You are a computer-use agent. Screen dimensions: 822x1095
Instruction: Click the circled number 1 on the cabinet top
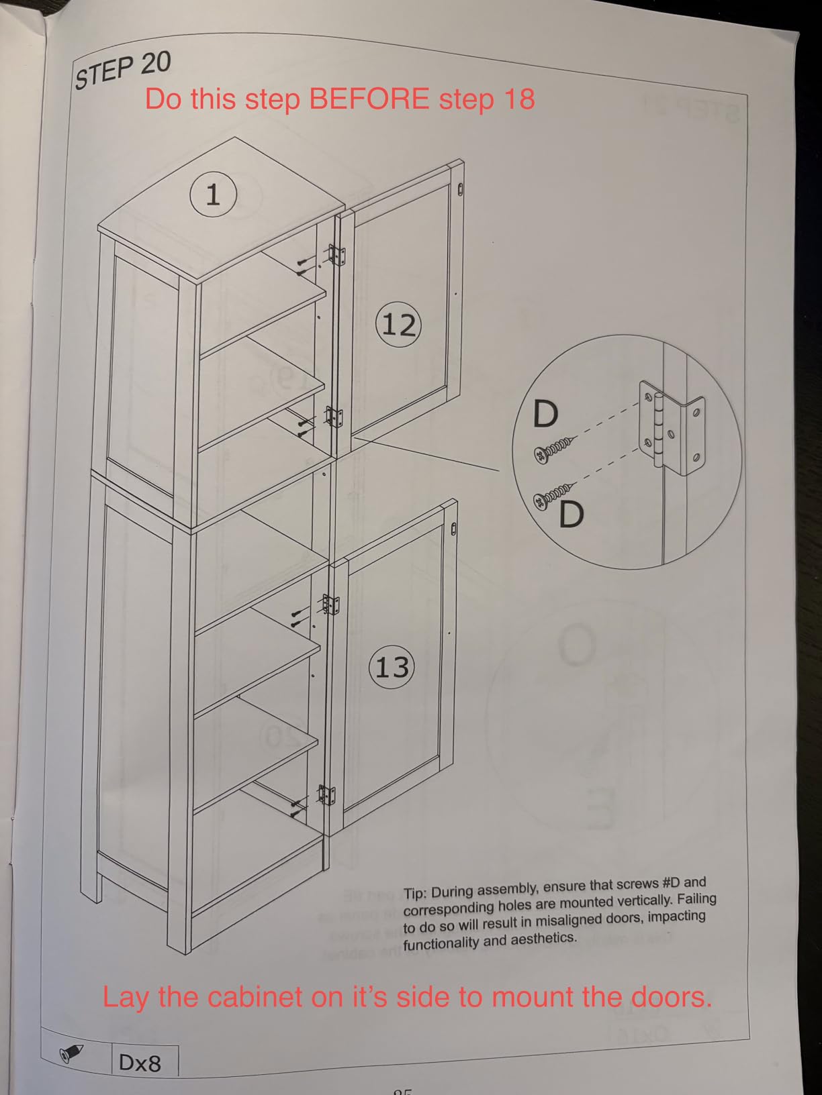tap(213, 194)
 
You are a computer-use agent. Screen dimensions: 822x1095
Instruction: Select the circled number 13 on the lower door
tap(392, 666)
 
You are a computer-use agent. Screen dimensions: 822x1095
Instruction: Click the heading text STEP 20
tap(123, 70)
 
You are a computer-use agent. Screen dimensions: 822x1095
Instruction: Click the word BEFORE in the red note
tap(369, 99)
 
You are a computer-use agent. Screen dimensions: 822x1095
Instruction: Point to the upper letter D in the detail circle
tap(545, 413)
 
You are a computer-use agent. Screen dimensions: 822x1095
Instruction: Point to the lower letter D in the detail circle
tap(572, 514)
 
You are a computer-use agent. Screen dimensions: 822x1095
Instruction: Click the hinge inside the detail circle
tap(672, 427)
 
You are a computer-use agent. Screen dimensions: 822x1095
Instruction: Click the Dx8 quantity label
tap(140, 1063)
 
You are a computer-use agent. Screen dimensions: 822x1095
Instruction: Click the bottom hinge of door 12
tap(333, 417)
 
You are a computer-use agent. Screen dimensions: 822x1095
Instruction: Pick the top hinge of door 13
tap(330, 605)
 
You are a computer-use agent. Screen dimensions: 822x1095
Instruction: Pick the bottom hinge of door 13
tap(326, 795)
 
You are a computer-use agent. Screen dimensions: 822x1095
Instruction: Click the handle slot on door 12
tap(461, 190)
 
